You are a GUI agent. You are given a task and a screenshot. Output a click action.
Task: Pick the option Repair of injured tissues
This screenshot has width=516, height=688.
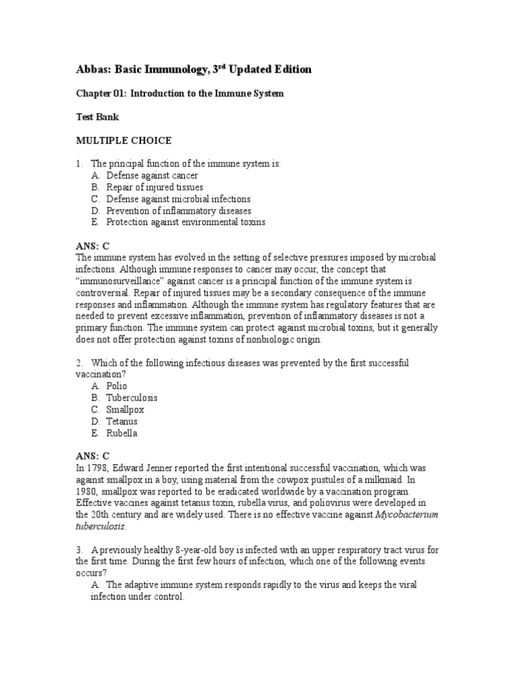[x=155, y=187]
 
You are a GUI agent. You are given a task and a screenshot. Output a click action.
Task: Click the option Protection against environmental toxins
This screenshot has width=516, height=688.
[x=185, y=222]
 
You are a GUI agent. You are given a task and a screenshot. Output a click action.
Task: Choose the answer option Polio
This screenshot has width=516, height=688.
[x=117, y=386]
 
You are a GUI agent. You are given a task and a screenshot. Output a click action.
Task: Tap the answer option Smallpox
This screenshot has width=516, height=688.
[x=125, y=409]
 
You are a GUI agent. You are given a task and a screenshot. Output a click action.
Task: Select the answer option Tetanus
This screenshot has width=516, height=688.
[x=122, y=421]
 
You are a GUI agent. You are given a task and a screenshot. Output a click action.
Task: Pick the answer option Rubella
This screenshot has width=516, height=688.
[x=122, y=433]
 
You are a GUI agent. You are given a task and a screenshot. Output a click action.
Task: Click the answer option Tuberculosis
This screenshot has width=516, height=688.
[x=132, y=398]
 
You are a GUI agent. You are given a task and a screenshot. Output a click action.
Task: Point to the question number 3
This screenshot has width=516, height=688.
[x=78, y=550]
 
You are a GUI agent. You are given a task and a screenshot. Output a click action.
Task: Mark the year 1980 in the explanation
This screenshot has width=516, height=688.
[x=87, y=491]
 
